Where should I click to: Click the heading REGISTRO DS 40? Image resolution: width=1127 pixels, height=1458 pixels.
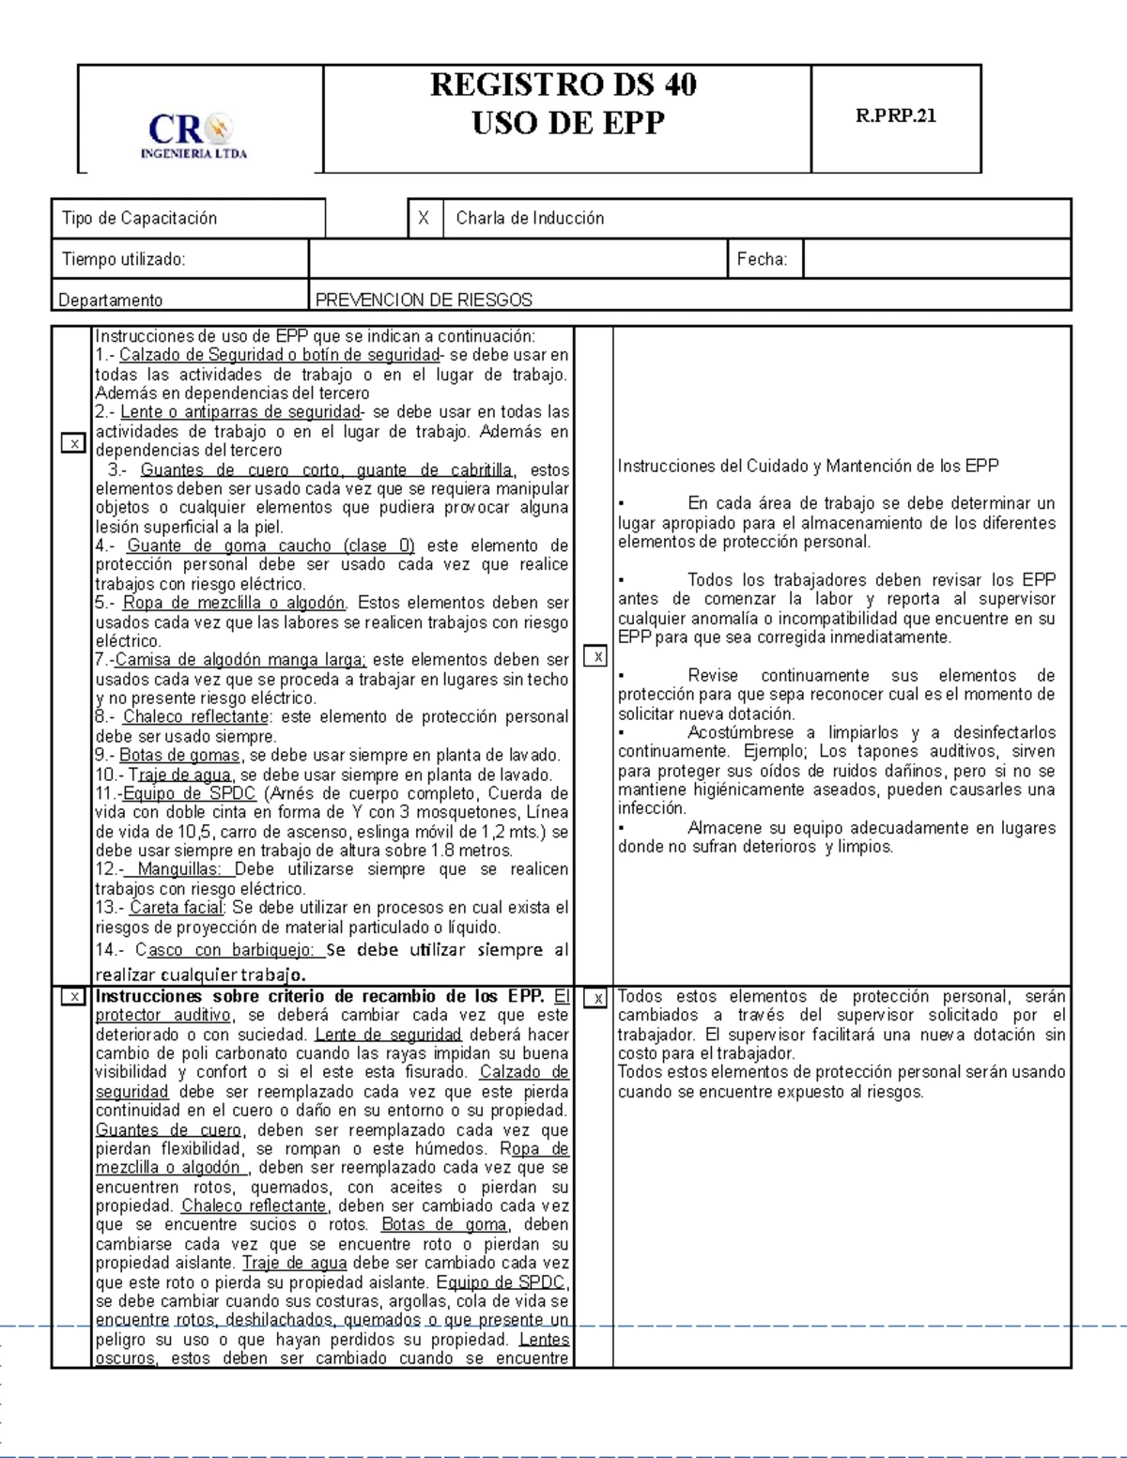pos(563,85)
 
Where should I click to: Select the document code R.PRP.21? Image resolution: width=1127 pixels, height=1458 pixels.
pos(895,116)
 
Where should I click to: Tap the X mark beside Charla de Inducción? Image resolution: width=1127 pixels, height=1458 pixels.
pos(424,219)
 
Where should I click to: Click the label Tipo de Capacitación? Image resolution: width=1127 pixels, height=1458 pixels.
pos(139,219)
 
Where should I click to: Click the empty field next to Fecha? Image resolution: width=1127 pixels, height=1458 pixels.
pos(935,259)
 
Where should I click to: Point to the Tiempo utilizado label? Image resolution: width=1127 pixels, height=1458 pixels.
pos(123,259)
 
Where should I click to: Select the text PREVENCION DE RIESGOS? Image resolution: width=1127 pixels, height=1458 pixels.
pos(424,300)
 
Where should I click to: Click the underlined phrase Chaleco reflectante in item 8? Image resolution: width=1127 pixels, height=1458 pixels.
pos(196,717)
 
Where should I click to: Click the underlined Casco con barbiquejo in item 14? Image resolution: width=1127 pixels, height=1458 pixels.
pos(224,950)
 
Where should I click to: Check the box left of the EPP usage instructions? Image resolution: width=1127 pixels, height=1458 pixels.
pos(73,443)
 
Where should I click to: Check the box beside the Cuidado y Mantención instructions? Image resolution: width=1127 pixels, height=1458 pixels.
pos(595,656)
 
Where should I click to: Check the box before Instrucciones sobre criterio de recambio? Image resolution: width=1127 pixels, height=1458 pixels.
pos(73,997)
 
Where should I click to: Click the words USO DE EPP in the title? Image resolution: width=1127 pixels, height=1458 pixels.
pos(567,123)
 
